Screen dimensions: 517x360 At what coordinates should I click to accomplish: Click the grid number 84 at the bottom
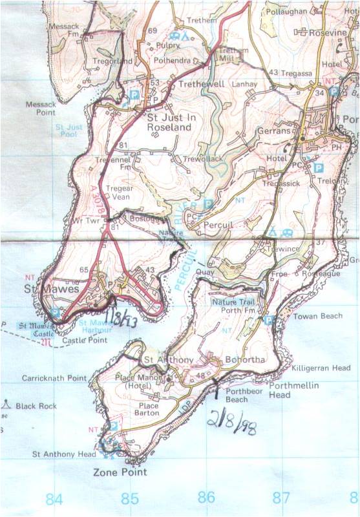tap(55, 498)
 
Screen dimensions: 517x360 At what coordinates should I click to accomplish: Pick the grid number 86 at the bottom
tap(206, 498)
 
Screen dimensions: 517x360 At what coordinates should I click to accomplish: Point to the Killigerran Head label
tap(321, 367)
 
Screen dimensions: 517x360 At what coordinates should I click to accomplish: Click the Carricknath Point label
tap(54, 378)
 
